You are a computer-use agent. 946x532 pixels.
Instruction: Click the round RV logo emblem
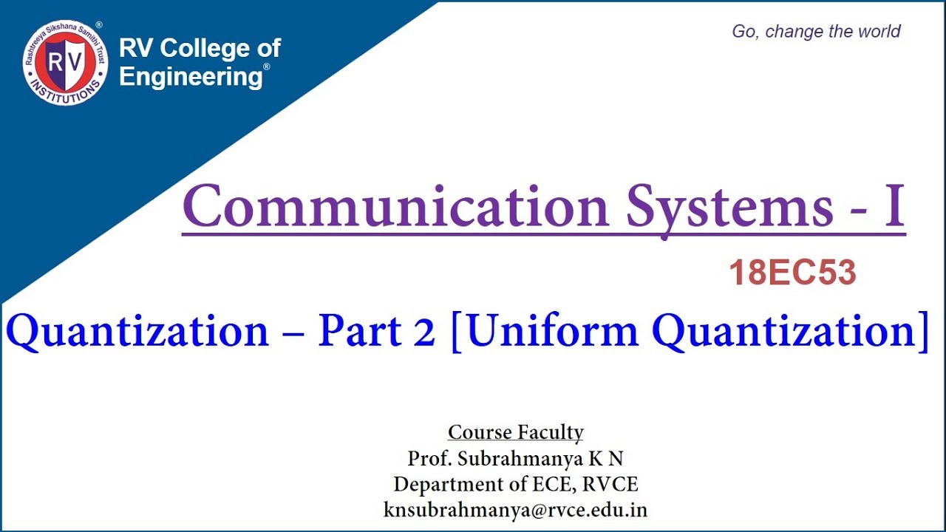pos(65,63)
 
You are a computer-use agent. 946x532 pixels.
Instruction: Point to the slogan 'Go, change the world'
pos(816,32)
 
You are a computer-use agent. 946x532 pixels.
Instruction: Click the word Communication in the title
pos(395,206)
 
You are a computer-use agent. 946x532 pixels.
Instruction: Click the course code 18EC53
pos(792,274)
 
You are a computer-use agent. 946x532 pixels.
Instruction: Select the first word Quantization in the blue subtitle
pos(137,332)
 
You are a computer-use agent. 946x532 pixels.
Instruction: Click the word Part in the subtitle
pos(358,332)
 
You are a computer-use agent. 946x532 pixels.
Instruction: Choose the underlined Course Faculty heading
pos(516,432)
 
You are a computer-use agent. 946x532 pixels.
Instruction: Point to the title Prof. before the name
pos(430,458)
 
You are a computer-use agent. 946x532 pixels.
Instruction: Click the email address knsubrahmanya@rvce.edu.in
pos(515,510)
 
